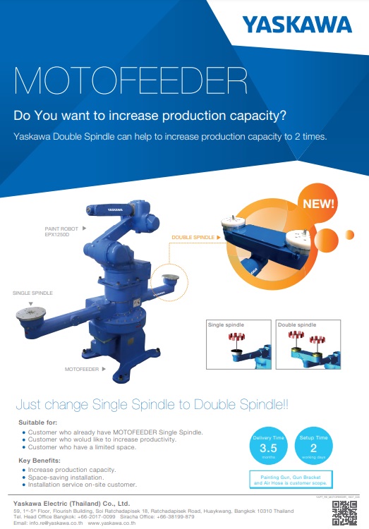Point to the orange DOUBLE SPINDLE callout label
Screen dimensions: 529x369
tap(193, 238)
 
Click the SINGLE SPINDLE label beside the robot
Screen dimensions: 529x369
tap(32, 292)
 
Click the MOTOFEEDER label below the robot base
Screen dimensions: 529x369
tap(82, 368)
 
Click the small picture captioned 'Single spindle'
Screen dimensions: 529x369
tap(238, 344)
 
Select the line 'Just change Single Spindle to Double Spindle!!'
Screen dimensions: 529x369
tap(151, 405)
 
